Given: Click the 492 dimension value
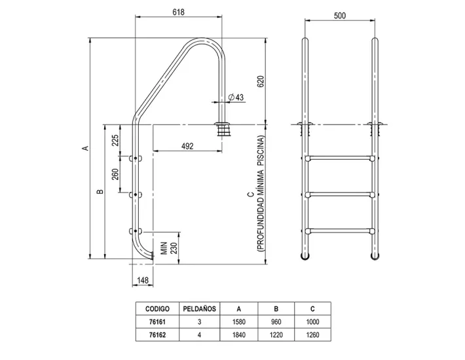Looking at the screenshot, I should point(187,147).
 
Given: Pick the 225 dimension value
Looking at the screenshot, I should point(115,140).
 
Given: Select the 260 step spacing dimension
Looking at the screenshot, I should point(115,175).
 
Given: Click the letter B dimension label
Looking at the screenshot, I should point(99,192).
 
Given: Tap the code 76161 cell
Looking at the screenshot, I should point(157,322).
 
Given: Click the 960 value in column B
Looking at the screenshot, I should point(276,322).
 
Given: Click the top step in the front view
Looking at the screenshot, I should point(339,158).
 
